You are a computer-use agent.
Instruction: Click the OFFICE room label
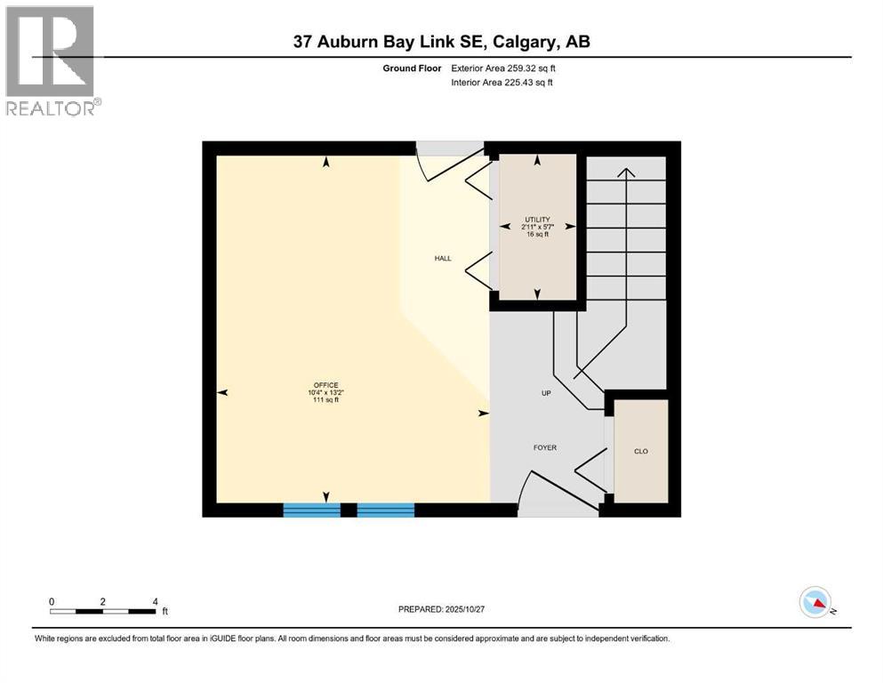325,385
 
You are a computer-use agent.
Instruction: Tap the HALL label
442,259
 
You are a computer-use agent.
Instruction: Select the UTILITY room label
537,220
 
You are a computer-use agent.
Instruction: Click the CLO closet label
640,452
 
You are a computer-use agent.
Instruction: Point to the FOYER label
544,447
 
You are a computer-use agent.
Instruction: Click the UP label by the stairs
547,392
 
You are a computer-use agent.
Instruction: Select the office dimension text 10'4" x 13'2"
325,392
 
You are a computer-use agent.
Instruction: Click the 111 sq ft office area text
325,400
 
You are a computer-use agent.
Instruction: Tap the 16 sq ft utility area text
537,234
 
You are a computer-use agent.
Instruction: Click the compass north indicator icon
815,603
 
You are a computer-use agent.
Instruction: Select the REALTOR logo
52,60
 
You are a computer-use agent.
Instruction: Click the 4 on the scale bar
156,601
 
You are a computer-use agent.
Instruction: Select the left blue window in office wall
311,510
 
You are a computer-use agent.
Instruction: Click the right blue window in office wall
385,510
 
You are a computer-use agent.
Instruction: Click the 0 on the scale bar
52,601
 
